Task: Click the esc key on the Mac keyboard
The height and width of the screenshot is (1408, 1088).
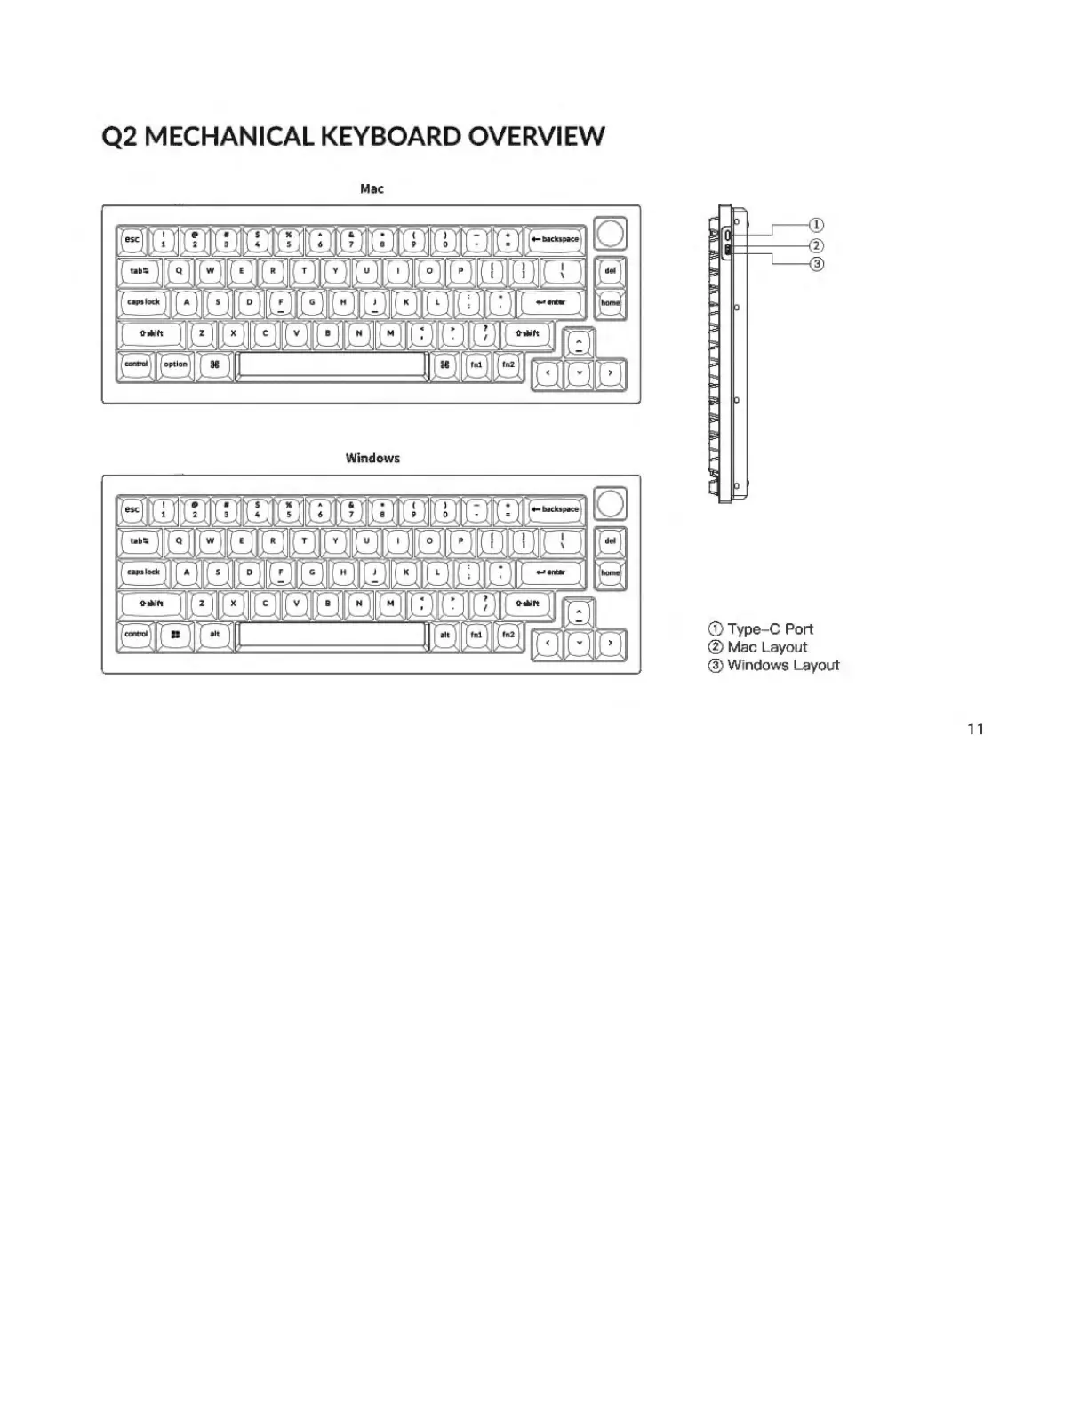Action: [x=132, y=239]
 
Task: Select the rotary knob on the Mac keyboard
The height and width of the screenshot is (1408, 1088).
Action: [x=611, y=233]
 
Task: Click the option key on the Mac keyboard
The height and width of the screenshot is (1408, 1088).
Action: [x=176, y=364]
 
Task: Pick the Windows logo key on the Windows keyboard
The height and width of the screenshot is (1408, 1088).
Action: [x=175, y=635]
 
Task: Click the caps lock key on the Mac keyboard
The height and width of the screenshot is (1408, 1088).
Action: [x=143, y=302]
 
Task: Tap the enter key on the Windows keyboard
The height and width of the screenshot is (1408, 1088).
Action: [x=551, y=572]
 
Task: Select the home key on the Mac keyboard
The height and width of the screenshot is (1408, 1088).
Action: [x=611, y=303]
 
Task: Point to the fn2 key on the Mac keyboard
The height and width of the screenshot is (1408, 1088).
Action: [x=508, y=364]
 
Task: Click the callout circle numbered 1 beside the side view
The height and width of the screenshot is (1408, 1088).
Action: [x=817, y=225]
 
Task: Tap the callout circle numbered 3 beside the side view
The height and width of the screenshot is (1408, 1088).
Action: [x=817, y=264]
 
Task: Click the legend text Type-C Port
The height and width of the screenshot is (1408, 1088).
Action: [x=770, y=629]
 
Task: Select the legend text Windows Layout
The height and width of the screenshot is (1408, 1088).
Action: [x=782, y=665]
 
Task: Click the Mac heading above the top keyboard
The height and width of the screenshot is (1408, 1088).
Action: [x=372, y=188]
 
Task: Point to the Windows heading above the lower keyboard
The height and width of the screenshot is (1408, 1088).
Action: [x=372, y=459]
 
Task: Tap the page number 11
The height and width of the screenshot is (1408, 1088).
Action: [x=975, y=729]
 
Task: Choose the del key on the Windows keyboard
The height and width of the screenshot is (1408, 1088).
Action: [x=611, y=541]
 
